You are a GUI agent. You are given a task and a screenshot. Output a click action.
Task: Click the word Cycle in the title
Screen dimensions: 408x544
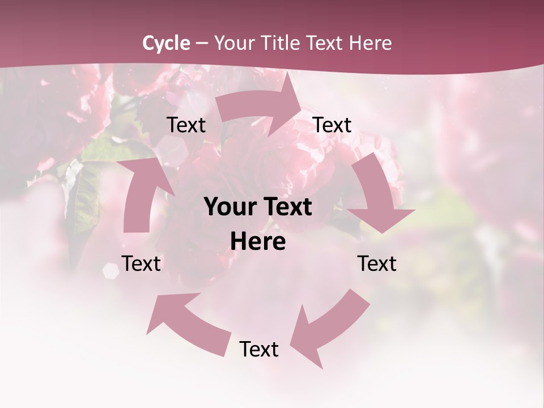point(166,43)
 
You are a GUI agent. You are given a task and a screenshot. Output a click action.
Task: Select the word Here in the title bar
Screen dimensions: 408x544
point(370,43)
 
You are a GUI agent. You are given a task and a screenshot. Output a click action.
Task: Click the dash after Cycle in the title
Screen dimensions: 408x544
point(202,43)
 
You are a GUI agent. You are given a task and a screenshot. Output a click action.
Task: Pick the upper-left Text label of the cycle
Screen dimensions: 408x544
point(186,125)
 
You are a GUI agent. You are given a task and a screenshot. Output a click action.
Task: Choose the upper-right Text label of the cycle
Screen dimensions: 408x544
point(332,125)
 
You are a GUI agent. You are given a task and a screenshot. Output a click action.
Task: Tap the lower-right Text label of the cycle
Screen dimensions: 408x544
point(377,263)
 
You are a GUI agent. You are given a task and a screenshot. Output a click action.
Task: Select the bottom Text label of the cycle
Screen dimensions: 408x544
point(259,350)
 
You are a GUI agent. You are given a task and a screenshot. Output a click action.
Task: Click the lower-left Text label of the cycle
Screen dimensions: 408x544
point(141,263)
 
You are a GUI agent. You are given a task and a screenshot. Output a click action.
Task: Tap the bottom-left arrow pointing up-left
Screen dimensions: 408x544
point(187,323)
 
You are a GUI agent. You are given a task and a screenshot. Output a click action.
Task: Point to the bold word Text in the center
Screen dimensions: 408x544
point(287,207)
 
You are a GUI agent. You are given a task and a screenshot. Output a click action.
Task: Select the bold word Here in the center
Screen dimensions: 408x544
point(258,242)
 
